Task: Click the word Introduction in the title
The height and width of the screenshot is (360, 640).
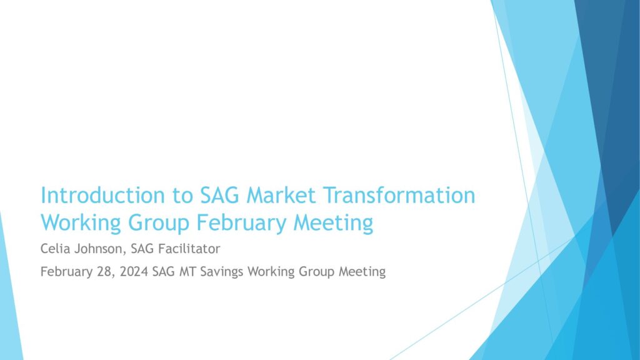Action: pyautogui.click(x=102, y=195)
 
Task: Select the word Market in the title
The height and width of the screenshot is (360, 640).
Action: pyautogui.click(x=281, y=195)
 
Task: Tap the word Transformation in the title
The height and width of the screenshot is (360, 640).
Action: pyautogui.click(x=399, y=195)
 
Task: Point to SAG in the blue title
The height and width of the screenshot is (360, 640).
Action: pyautogui.click(x=219, y=195)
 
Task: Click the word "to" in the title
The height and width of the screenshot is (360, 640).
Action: pyautogui.click(x=182, y=196)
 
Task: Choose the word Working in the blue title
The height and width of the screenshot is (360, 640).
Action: pyautogui.click(x=81, y=223)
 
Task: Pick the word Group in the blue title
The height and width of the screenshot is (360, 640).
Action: pyautogui.click(x=159, y=223)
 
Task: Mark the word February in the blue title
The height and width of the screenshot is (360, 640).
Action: pyautogui.click(x=241, y=223)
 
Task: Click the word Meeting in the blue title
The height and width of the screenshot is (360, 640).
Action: pyautogui.click(x=333, y=223)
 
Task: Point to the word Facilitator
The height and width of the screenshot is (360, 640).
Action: pyautogui.click(x=189, y=249)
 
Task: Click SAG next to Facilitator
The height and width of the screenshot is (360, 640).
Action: pyautogui.click(x=142, y=249)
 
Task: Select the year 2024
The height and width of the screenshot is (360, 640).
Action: pyautogui.click(x=134, y=271)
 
